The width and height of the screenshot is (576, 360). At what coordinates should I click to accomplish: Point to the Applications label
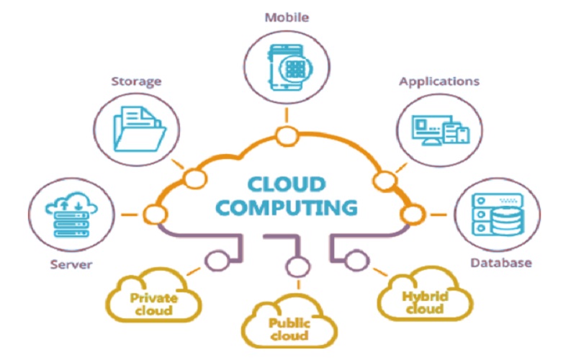439,81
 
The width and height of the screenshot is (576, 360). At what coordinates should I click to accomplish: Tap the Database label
501,262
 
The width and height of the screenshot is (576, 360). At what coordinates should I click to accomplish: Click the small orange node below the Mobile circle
287,134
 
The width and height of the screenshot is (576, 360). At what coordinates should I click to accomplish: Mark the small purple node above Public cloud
293,268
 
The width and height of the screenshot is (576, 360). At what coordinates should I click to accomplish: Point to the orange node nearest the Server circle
153,213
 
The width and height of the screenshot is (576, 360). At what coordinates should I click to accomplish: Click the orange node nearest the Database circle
413,214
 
